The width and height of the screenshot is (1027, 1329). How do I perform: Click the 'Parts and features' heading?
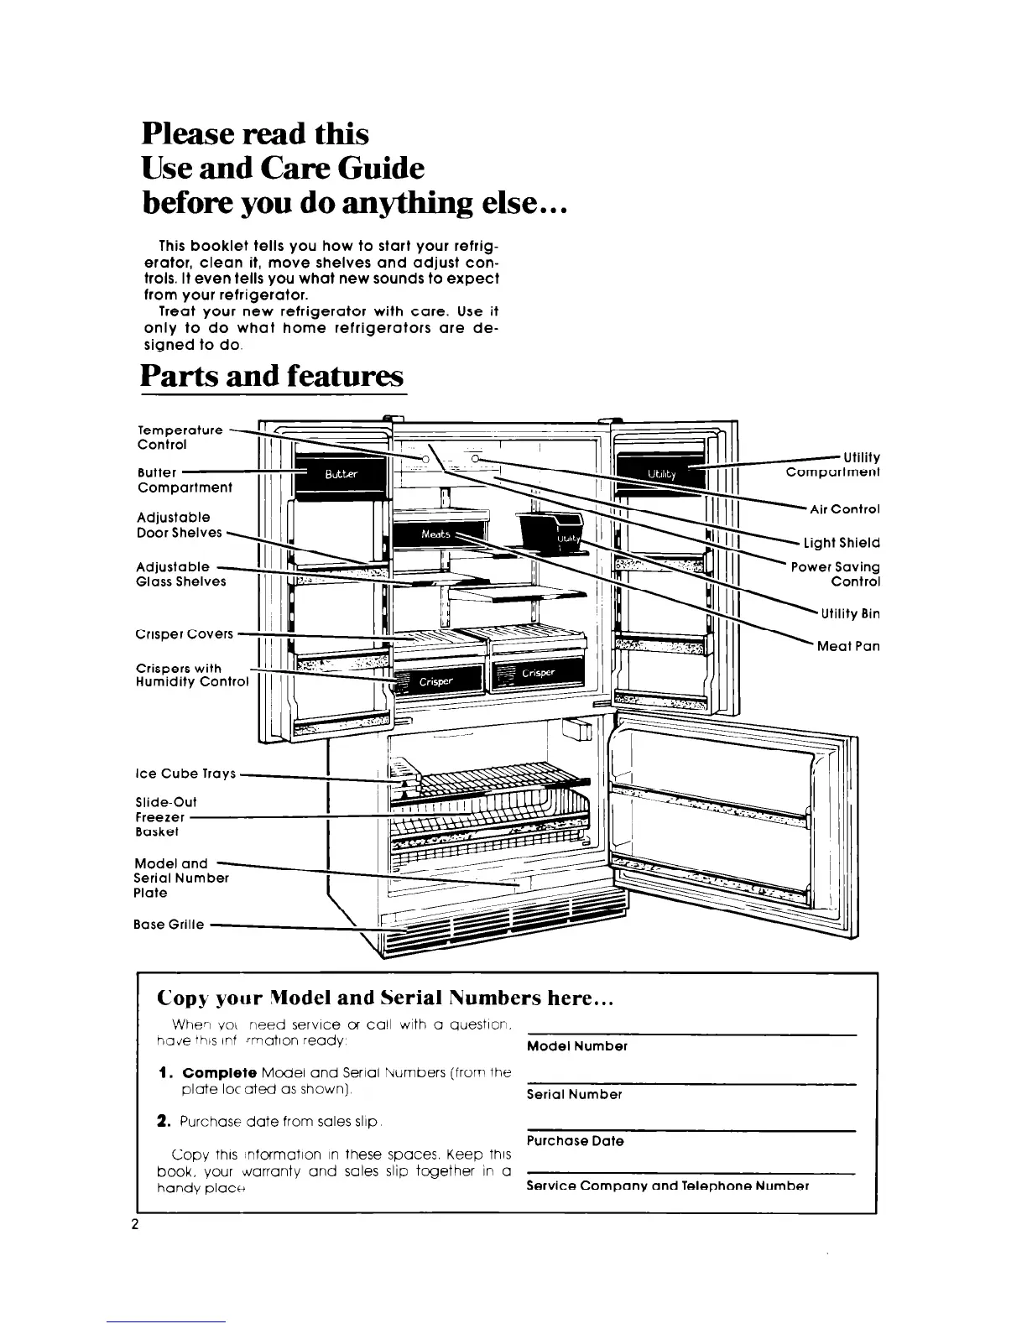273,375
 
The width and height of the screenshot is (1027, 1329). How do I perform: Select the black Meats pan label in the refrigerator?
438,534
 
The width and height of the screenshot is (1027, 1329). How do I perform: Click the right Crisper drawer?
538,672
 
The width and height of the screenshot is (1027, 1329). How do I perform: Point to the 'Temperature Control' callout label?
180,437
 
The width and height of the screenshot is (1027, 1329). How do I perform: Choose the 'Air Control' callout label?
844,509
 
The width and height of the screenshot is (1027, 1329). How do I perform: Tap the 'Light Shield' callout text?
842,543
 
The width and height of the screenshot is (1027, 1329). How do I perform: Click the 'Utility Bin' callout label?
850,613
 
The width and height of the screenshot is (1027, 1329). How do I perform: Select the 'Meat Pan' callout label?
848,646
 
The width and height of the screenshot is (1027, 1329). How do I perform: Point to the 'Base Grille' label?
169,925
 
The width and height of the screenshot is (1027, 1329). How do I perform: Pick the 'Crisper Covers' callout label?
185,633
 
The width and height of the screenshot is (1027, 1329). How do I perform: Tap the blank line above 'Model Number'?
691,1035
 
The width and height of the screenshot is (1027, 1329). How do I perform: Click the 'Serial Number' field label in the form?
574,1095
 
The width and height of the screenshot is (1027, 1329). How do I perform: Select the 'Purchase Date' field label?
575,1141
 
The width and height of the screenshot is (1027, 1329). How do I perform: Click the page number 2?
134,1223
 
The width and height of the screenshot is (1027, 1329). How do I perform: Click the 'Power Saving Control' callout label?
835,575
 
